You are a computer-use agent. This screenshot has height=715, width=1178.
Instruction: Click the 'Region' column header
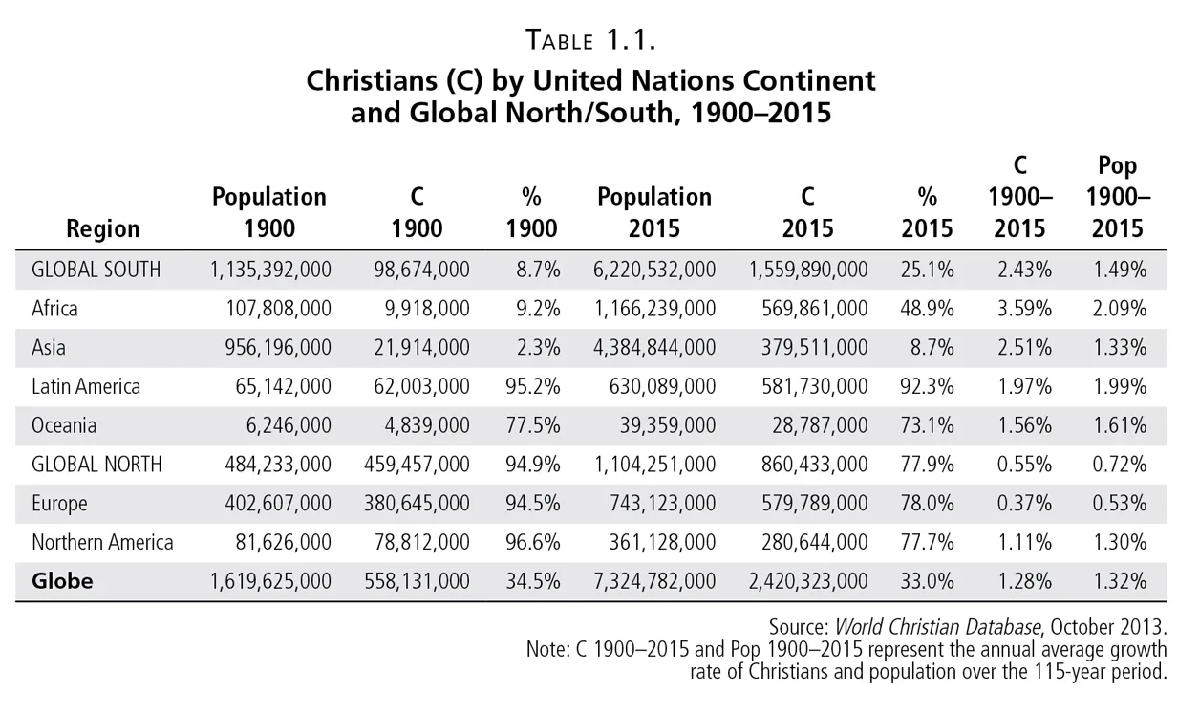(103, 228)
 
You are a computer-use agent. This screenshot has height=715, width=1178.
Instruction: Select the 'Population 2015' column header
(654, 212)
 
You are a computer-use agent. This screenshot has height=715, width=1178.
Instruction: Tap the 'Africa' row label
(54, 308)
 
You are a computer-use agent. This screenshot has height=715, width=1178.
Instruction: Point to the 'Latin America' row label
(86, 386)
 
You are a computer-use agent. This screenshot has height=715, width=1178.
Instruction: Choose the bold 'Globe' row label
(62, 580)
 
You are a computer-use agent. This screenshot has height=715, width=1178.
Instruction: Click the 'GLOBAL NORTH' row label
(96, 465)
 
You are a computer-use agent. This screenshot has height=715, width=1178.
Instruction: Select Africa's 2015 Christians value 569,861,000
(807, 308)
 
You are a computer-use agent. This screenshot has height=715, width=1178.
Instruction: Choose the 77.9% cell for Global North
(927, 465)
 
